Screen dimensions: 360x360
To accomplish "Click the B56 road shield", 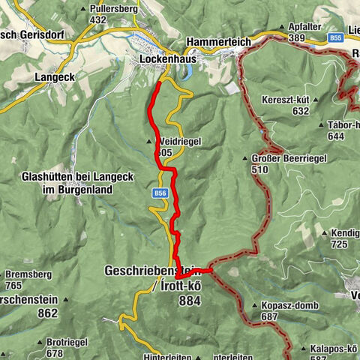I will pyautogui.click(x=160, y=193).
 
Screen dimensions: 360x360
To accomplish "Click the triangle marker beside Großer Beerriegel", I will pyautogui.click(x=244, y=158).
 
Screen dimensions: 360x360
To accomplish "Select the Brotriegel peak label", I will pyautogui.click(x=64, y=341).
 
